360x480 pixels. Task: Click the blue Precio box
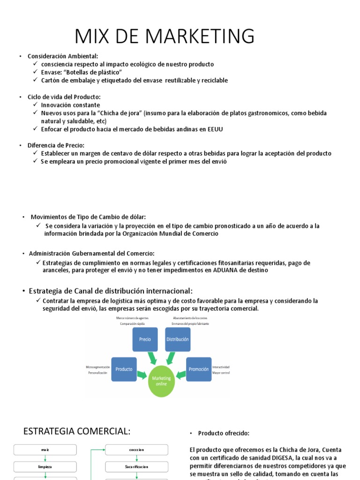pyautogui.click(x=145, y=339)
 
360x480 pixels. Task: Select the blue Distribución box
pyautogui.click(x=178, y=339)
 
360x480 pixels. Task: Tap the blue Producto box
pyautogui.click(x=124, y=369)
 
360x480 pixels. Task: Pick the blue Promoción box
pyautogui.click(x=199, y=369)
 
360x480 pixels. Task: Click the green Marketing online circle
pyautogui.click(x=161, y=381)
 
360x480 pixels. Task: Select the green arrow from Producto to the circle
pyautogui.click(x=142, y=375)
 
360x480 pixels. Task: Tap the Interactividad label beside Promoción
pyautogui.click(x=221, y=367)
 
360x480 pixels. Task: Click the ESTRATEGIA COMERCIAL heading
pyautogui.click(x=77, y=431)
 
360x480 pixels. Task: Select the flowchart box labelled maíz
pyautogui.click(x=45, y=450)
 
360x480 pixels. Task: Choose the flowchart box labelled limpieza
pyautogui.click(x=45, y=467)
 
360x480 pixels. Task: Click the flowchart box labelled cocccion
pyautogui.click(x=136, y=450)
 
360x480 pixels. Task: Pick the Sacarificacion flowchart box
pyautogui.click(x=136, y=467)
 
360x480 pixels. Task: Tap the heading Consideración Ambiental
pyautogui.click(x=63, y=56)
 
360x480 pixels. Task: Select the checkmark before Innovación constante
pyautogui.click(x=37, y=105)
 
